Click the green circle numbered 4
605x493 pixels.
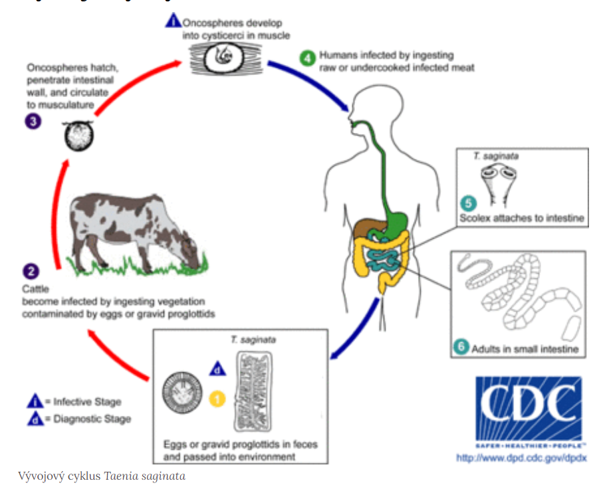pyautogui.click(x=307, y=58)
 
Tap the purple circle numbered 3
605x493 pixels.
pyautogui.click(x=33, y=122)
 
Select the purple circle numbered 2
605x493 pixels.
pyautogui.click(x=31, y=271)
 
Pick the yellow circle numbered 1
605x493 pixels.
pyautogui.click(x=217, y=399)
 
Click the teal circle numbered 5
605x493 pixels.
pyautogui.click(x=468, y=204)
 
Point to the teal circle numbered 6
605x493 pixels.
pyautogui.click(x=462, y=347)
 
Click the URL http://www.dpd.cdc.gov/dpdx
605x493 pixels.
pyautogui.click(x=522, y=458)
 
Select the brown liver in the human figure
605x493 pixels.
pyautogui.click(x=367, y=229)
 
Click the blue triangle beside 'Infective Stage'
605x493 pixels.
pyautogui.click(x=35, y=401)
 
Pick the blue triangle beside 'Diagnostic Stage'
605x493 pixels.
pyautogui.click(x=35, y=419)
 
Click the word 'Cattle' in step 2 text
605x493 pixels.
pyautogui.click(x=35, y=289)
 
